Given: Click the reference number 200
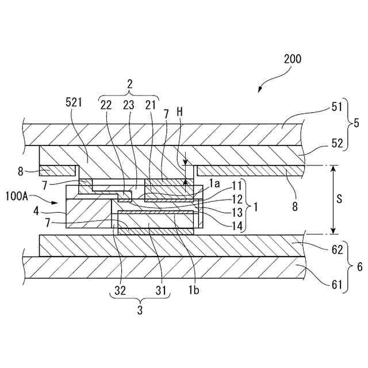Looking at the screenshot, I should pyautogui.click(x=292, y=59).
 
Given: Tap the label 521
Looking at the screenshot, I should pyautogui.click(x=74, y=102).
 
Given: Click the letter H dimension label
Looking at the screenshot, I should pyautogui.click(x=180, y=113).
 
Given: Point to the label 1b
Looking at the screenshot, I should pyautogui.click(x=194, y=291).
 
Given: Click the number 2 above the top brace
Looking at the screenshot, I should pyautogui.click(x=129, y=84).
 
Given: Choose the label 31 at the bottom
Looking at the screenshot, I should pyautogui.click(x=163, y=291).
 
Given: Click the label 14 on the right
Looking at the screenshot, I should pyautogui.click(x=236, y=226).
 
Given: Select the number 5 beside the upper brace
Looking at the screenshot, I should pyautogui.click(x=356, y=123).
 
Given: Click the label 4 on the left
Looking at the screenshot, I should pyautogui.click(x=36, y=210).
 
